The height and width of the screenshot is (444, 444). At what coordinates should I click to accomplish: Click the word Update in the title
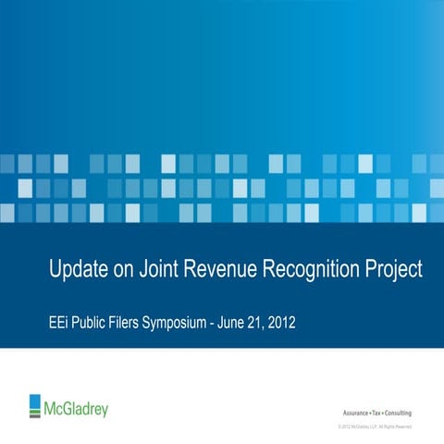tap(78, 270)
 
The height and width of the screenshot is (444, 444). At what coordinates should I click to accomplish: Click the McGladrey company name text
tap(76, 406)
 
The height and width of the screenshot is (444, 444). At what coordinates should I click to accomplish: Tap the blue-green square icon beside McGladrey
tap(36, 405)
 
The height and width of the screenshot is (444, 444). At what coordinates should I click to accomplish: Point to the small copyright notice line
tap(375, 426)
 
